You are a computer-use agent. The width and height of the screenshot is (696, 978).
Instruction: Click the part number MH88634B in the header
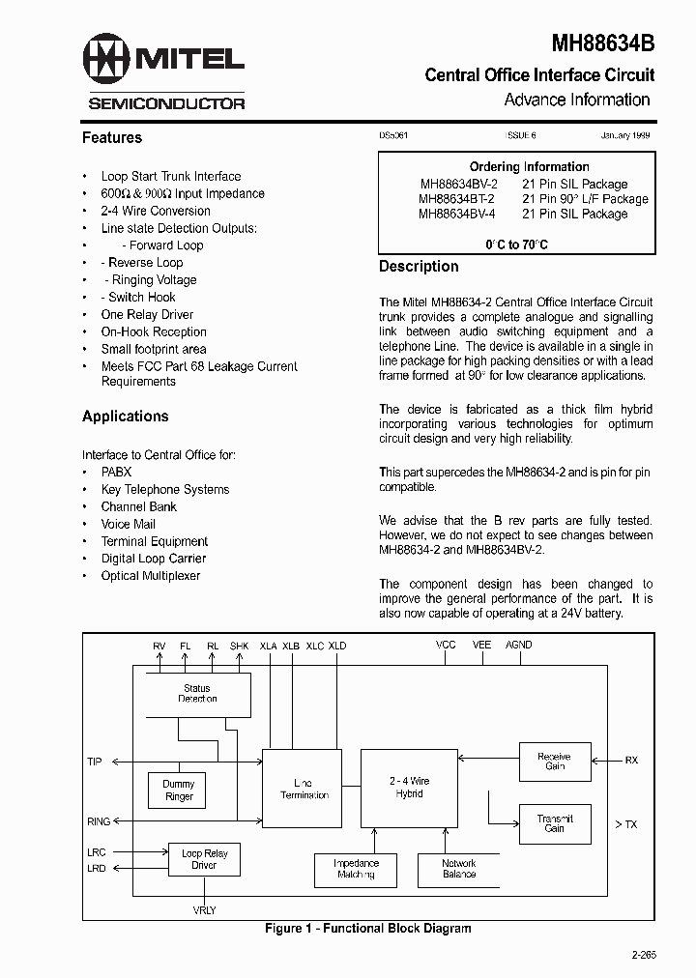[x=603, y=43]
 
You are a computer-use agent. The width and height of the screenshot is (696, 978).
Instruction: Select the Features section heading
[x=112, y=138]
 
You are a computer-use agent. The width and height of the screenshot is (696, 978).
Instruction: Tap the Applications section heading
[x=126, y=417]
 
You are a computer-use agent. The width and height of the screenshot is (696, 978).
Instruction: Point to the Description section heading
[x=419, y=267]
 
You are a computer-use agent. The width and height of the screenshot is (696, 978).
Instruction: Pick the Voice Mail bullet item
[x=129, y=524]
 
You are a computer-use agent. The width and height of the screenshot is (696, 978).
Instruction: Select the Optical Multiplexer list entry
[x=151, y=576]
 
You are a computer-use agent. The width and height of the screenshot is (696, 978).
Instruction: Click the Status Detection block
[x=197, y=694]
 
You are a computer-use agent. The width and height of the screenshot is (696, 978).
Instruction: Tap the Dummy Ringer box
[x=179, y=791]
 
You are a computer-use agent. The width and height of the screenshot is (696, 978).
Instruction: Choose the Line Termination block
[x=302, y=788]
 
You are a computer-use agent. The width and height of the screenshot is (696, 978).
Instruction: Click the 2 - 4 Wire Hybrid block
[x=410, y=788]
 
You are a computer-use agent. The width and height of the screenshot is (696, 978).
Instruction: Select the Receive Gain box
[x=555, y=762]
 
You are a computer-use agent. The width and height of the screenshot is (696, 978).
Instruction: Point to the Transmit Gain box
[x=555, y=823]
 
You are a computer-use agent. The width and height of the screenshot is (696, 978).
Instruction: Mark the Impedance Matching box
[x=356, y=869]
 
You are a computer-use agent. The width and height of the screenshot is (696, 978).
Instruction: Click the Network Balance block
[x=459, y=869]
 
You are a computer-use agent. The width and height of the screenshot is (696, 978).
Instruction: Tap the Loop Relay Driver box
[x=204, y=859]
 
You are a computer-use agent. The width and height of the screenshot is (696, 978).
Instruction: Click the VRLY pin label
[x=204, y=910]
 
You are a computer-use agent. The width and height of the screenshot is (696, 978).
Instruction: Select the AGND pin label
[x=519, y=645]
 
